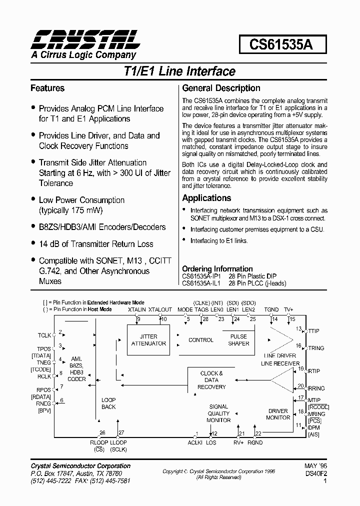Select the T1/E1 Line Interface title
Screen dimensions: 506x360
click(179, 71)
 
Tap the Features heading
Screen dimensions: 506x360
click(47, 88)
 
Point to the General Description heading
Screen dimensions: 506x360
click(221, 88)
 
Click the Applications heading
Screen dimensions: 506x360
click(206, 198)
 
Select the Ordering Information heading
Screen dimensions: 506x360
click(217, 268)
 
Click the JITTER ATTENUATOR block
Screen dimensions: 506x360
click(148, 340)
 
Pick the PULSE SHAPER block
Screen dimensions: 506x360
click(238, 340)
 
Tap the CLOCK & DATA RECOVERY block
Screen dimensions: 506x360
click(211, 380)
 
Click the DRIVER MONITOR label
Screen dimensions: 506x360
click(278, 414)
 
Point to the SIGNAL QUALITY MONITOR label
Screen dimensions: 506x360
click(218, 413)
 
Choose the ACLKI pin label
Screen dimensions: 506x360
click(195, 442)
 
